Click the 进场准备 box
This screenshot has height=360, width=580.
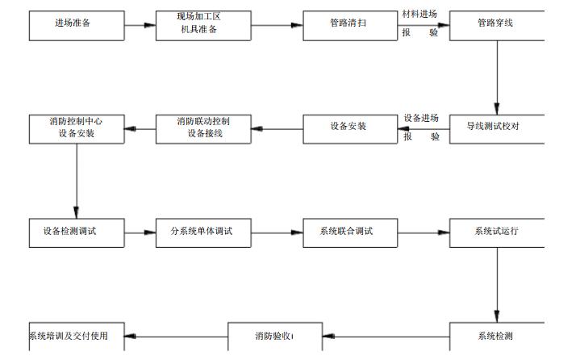pyautogui.click(x=77, y=24)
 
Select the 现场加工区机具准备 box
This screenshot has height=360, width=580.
pyautogui.click(x=203, y=24)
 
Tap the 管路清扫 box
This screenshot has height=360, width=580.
pyautogui.click(x=350, y=24)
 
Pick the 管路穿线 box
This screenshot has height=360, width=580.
pyautogui.click(x=496, y=24)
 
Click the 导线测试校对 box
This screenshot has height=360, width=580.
pyautogui.click(x=496, y=128)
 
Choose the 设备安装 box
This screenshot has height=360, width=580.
pyautogui.click(x=350, y=128)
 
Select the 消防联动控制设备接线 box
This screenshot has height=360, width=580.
pyautogui.click(x=203, y=128)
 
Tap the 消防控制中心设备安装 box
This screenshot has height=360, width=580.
pyautogui.click(x=77, y=128)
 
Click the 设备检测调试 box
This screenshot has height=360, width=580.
pyautogui.click(x=77, y=232)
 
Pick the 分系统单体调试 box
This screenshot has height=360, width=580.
pyautogui.click(x=203, y=232)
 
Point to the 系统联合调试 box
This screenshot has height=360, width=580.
pyautogui.click(x=350, y=232)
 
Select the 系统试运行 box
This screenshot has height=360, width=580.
pyautogui.click(x=496, y=232)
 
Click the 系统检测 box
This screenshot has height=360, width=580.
pyautogui.click(x=496, y=337)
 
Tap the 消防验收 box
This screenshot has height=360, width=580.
pyautogui.click(x=275, y=337)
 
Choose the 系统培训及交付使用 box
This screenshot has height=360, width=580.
pyautogui.click(x=77, y=337)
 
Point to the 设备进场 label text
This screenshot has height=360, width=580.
pyautogui.click(x=420, y=119)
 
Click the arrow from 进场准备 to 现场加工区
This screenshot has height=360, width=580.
pyautogui.click(x=140, y=25)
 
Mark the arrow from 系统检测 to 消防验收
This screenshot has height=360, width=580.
pyautogui.click(x=386, y=337)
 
